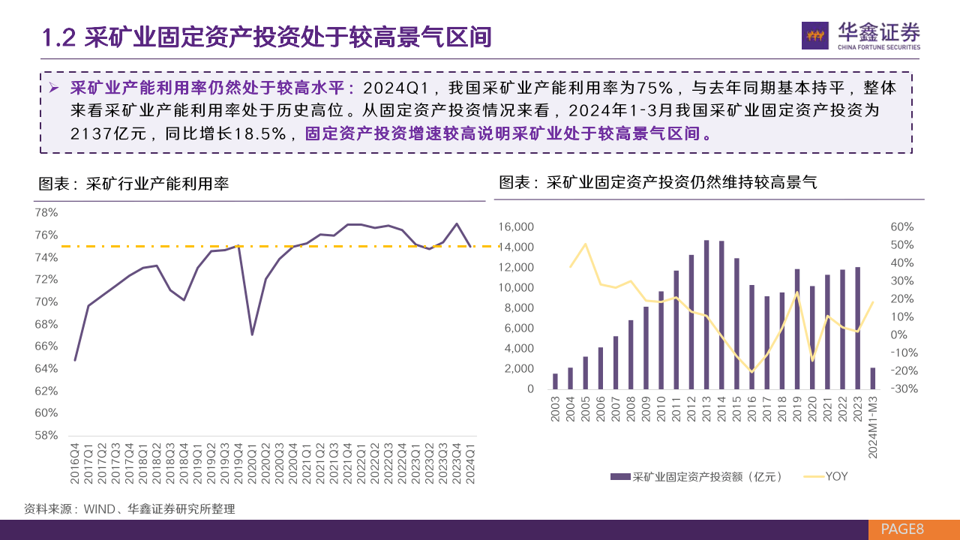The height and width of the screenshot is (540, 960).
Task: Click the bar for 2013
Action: tap(706, 314)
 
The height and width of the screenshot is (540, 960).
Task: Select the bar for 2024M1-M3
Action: tap(873, 378)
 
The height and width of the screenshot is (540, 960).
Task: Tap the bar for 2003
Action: tap(555, 381)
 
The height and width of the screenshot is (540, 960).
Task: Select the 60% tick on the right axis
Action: tap(901, 226)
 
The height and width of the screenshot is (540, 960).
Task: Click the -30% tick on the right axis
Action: tap(901, 388)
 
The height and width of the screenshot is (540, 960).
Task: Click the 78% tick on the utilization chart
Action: tap(46, 213)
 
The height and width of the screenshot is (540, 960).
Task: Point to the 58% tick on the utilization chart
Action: tap(46, 435)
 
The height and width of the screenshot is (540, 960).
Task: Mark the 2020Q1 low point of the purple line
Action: tap(252, 334)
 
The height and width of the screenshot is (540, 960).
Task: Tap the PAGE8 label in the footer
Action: tap(903, 529)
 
